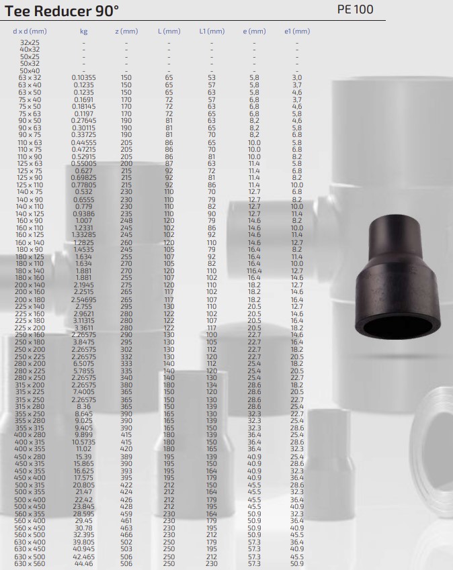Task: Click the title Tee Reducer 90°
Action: click(x=62, y=11)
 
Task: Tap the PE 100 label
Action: click(x=355, y=9)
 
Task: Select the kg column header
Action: click(x=84, y=32)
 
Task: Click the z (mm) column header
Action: click(x=126, y=32)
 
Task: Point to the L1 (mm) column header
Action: click(x=212, y=32)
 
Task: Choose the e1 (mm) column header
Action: click(x=297, y=32)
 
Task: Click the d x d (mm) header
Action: click(x=30, y=32)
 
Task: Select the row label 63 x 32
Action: click(x=30, y=77)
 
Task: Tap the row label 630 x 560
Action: click(x=30, y=563)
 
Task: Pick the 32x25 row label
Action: click(x=30, y=42)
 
